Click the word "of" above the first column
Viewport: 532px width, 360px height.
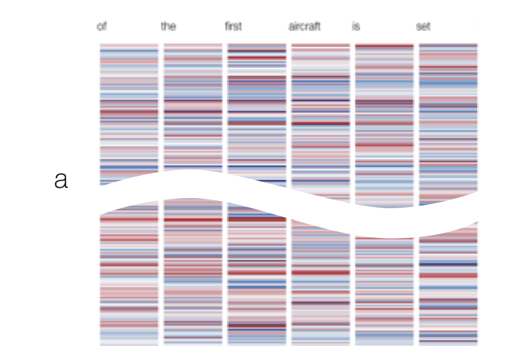pos(102,27)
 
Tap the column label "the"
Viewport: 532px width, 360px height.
pos(168,27)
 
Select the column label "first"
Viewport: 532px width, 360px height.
pos(233,27)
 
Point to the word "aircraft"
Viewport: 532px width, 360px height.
pos(304,27)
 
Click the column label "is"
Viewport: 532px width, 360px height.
pos(356,27)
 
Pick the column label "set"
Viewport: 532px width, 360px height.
pos(424,27)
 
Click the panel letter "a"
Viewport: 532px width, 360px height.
pos(61,181)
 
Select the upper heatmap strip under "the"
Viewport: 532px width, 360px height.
pos(193,107)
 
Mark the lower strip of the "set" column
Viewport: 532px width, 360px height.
pos(448,288)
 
